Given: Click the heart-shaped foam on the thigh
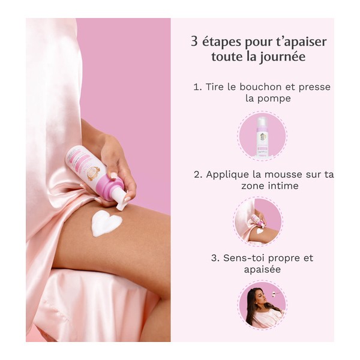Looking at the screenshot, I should pyautogui.click(x=107, y=224).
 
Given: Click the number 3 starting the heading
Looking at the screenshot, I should pyautogui.click(x=194, y=43).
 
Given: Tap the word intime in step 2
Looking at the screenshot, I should pyautogui.click(x=282, y=187).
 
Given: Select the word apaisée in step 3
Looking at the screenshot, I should pyautogui.click(x=264, y=270).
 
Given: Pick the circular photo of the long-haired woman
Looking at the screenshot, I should pyautogui.click(x=262, y=305).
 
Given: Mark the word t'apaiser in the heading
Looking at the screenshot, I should pyautogui.click(x=299, y=43).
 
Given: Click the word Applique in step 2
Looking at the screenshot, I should pyautogui.click(x=227, y=175).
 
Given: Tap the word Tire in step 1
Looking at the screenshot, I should pyautogui.click(x=215, y=87).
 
